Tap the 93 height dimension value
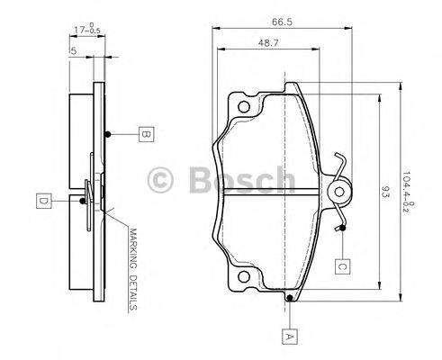386,191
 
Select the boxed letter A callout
289,337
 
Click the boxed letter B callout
144,135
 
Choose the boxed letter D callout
42,199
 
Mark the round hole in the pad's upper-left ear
241,108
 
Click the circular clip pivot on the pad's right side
340,191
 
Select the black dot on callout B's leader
107,135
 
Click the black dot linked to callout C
343,227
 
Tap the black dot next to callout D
86,199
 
